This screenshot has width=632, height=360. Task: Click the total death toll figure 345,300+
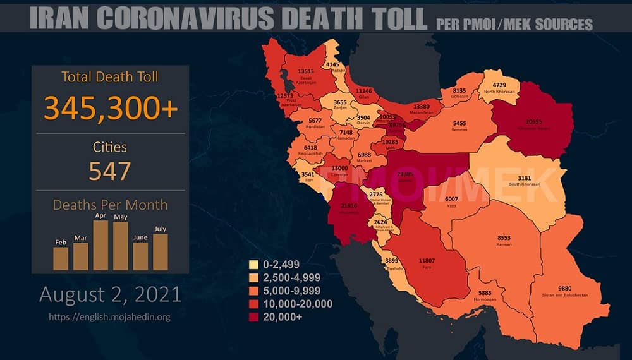click(x=111, y=109)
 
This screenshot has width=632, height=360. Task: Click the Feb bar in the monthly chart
click(x=61, y=258)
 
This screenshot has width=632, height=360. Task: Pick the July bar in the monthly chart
click(x=160, y=251)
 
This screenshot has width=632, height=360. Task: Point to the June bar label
click(x=140, y=237)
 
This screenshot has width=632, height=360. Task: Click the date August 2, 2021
click(x=110, y=294)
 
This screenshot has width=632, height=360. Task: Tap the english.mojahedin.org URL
click(x=110, y=316)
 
